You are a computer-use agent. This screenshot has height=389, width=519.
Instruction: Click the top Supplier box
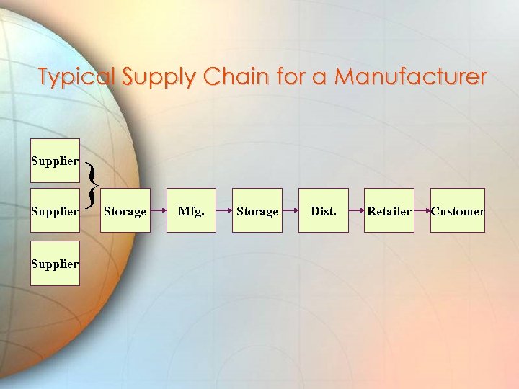point(55,161)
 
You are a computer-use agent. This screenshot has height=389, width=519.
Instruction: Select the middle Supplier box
point(55,211)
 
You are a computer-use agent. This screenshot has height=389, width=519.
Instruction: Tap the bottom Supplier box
point(55,263)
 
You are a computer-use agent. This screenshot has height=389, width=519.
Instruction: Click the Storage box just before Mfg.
point(125,210)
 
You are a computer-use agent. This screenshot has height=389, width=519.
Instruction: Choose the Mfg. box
point(191,210)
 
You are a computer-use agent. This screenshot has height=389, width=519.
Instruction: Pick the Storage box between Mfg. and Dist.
point(257,210)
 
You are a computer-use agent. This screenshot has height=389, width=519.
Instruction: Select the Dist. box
point(324,210)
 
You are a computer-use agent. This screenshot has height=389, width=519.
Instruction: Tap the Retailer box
point(389,210)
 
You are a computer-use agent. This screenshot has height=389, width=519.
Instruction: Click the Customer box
point(458,210)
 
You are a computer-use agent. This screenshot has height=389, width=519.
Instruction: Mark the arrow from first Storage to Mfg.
point(159,211)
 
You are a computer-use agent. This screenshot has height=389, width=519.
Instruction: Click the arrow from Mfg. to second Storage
point(224,211)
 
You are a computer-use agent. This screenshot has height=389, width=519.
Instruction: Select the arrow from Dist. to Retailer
point(356,211)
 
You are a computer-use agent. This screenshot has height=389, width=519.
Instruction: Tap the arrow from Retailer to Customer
point(422,211)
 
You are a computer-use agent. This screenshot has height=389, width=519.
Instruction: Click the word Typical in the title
point(76,77)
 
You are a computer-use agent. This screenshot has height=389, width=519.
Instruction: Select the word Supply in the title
point(157,77)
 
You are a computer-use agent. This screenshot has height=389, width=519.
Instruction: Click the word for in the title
point(291,76)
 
